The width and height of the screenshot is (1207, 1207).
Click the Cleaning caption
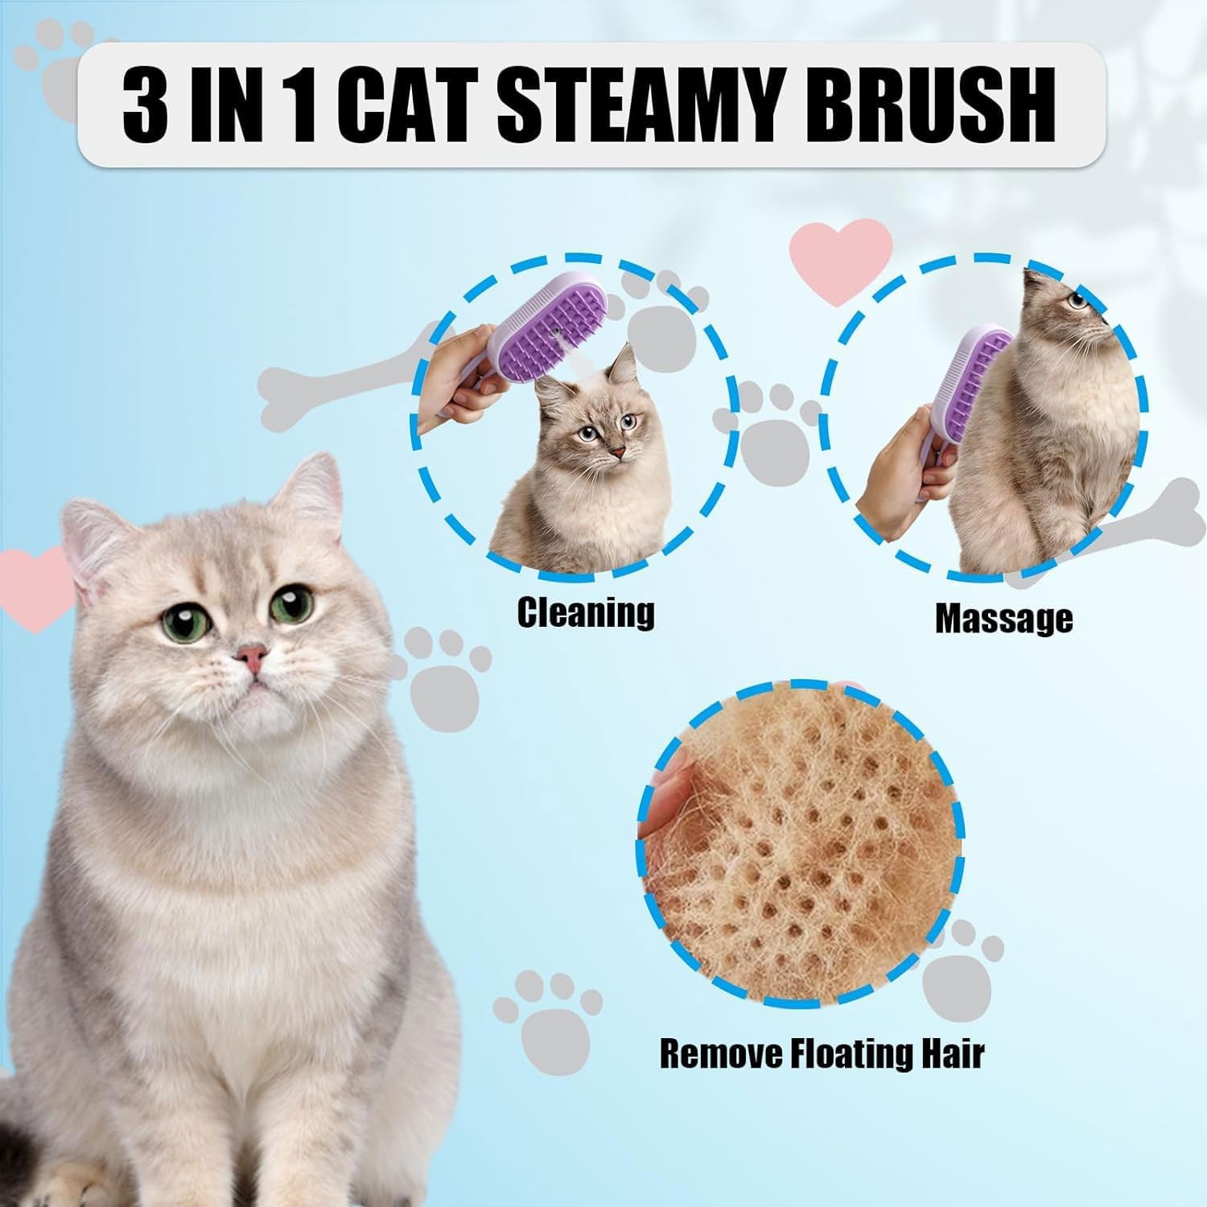click(x=585, y=612)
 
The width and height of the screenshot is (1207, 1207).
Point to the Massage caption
click(x=1003, y=618)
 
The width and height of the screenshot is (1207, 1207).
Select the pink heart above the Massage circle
click(x=842, y=261)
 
